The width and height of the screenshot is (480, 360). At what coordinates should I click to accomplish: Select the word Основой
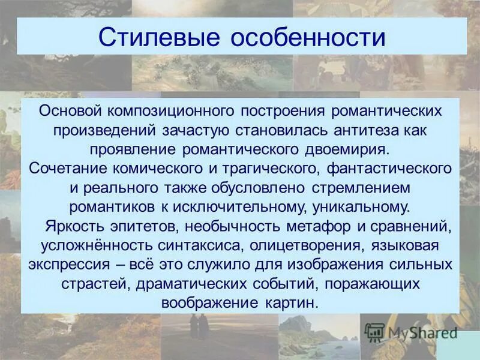(x=71, y=112)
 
